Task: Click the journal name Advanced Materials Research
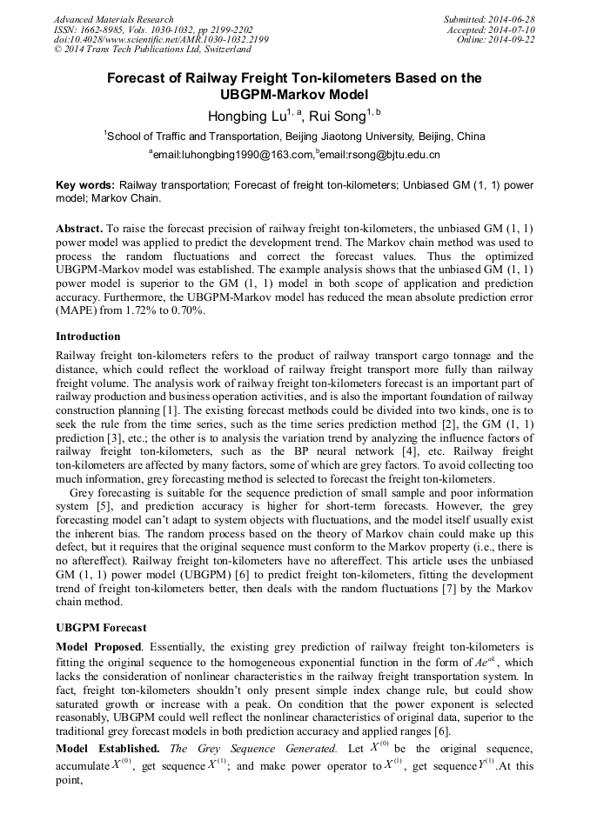[x=113, y=19]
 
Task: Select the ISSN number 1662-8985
[x=97, y=30]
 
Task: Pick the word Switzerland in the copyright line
[x=225, y=50]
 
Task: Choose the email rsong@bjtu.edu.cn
[x=380, y=155]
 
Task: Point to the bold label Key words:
[x=85, y=185]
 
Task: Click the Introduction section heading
[x=88, y=337]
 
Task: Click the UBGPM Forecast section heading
[x=101, y=627]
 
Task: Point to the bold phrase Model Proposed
[x=97, y=647]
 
